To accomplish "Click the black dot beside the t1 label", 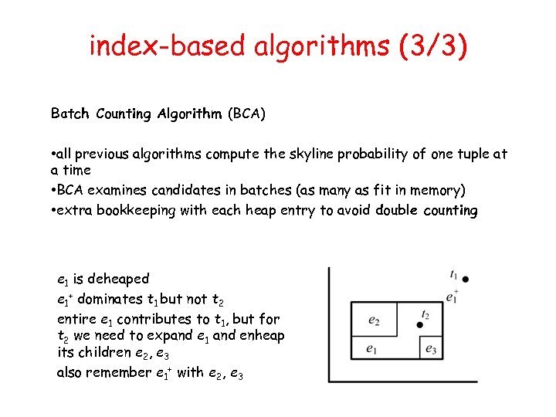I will coord(466,278).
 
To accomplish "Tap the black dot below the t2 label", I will coord(420,325).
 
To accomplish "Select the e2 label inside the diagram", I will coord(374,319).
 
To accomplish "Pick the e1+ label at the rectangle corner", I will coord(453,295).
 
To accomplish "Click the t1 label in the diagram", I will coord(453,274).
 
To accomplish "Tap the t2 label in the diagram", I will coord(425,314).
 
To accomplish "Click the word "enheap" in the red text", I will coord(263,335).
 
